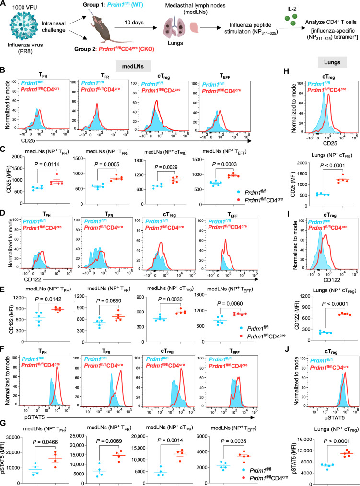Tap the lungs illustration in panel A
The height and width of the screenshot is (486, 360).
click(x=175, y=27)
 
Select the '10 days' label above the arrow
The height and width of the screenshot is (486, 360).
click(x=134, y=23)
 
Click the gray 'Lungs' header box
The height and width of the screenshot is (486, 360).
click(x=332, y=62)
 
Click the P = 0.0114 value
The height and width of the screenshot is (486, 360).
click(x=46, y=164)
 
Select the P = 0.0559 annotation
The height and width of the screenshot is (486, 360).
click(x=108, y=301)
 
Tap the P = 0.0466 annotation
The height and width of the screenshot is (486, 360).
click(x=45, y=442)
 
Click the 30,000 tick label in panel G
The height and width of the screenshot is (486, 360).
click(x=13, y=437)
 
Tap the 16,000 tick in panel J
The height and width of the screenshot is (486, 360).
click(x=304, y=439)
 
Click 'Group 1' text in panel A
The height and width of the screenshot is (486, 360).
click(x=93, y=5)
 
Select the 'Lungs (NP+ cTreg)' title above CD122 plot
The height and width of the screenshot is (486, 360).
click(x=332, y=291)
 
